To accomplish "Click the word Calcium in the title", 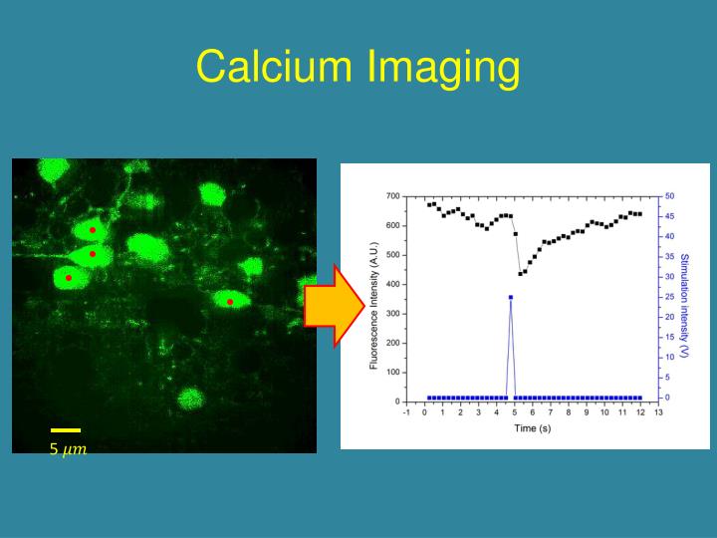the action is click(x=275, y=66).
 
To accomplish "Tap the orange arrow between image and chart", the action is click(x=335, y=306).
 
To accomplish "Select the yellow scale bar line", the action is click(x=66, y=430).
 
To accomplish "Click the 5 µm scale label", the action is click(x=68, y=449).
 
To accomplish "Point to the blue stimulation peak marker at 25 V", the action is click(x=511, y=297).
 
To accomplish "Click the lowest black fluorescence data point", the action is click(x=520, y=274).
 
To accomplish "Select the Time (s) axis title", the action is click(x=532, y=428).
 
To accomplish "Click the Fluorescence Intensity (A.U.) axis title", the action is click(x=374, y=306).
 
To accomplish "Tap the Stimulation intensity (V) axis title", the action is click(x=684, y=306).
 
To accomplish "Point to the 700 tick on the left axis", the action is click(x=393, y=196).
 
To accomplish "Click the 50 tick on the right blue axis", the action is click(x=669, y=196).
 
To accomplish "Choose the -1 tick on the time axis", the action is click(x=406, y=412).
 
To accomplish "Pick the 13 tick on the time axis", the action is click(x=658, y=412).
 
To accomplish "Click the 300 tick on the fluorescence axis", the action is click(x=393, y=314).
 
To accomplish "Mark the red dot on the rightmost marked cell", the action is click(x=230, y=302).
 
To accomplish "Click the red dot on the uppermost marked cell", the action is click(x=93, y=230).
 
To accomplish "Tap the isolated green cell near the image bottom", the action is click(x=190, y=399).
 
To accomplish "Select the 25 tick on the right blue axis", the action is click(x=669, y=297).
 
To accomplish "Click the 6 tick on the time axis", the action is click(x=533, y=412).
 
